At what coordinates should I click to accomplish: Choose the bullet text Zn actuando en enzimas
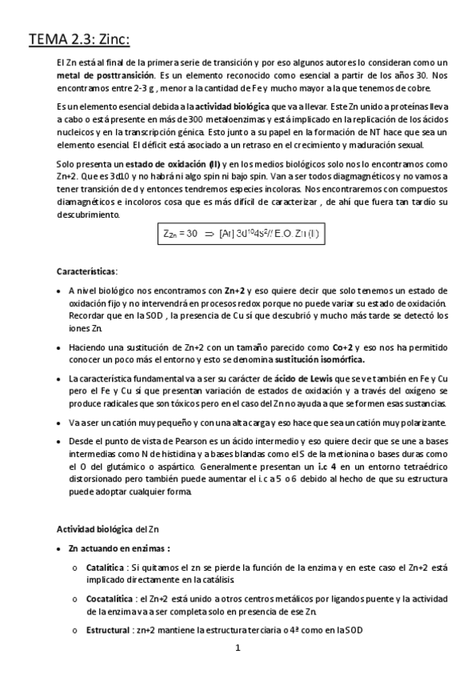coord(120,549)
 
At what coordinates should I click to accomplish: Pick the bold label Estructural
coord(108,630)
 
